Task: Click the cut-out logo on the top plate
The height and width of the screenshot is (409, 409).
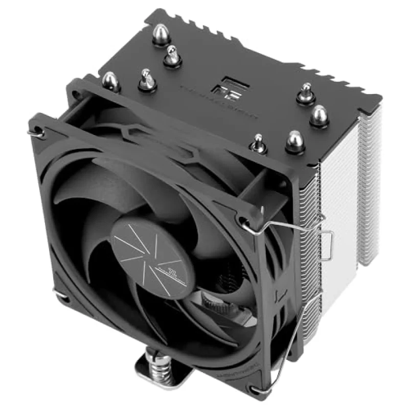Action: (228, 87)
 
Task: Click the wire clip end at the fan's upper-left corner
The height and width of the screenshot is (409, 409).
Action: (31, 132)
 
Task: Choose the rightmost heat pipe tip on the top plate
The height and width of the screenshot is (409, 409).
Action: (319, 115)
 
